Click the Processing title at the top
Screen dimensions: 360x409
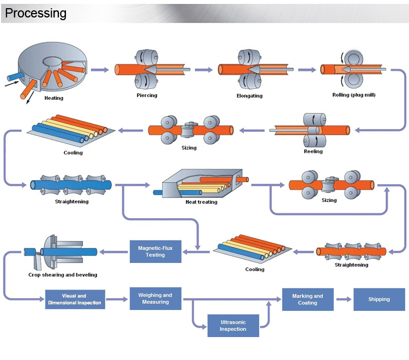pyautogui.click(x=35, y=13)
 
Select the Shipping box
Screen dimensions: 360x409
pyautogui.click(x=378, y=299)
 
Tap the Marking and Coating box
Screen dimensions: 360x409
pyautogui.click(x=308, y=299)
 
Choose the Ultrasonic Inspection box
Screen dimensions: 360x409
pyautogui.click(x=233, y=326)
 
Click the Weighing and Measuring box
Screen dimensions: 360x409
pyautogui.click(x=155, y=298)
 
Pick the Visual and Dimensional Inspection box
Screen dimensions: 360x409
pyautogui.click(x=74, y=299)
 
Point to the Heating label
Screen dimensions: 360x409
pyautogui.click(x=53, y=98)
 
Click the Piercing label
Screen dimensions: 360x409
pyautogui.click(x=147, y=95)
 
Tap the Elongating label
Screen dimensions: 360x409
pyautogui.click(x=250, y=96)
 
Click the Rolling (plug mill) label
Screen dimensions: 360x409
pyautogui.click(x=354, y=95)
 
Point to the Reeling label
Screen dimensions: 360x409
pyautogui.click(x=313, y=151)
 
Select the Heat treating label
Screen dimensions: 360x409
pyautogui.click(x=201, y=202)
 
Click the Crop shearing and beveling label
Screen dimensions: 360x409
pyautogui.click(x=58, y=274)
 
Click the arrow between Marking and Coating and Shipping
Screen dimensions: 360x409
pyautogui.click(x=342, y=299)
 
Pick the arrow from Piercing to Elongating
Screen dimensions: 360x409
pyautogui.click(x=203, y=70)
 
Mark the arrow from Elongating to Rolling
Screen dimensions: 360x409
pyautogui.click(x=307, y=70)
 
